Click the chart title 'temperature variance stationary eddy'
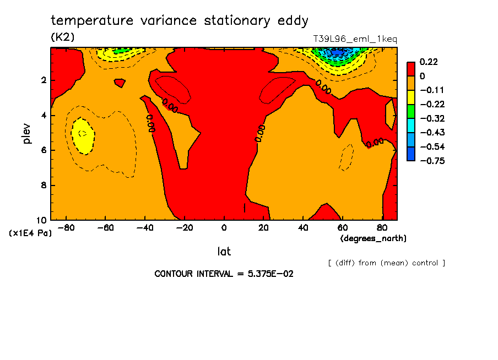point(180,21)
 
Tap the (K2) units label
point(62,37)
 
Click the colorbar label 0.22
point(429,62)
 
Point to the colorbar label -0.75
point(429,161)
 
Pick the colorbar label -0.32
point(429,118)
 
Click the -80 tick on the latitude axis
point(67,227)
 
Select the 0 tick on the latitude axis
point(224,227)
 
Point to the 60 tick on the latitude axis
point(342,227)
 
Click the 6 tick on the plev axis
point(44,150)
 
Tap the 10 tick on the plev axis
point(42,220)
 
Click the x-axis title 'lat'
point(224,252)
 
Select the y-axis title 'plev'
point(27,133)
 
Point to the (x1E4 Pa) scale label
point(30,233)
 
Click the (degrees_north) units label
point(373,238)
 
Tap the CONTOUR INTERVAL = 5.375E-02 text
point(224,274)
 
